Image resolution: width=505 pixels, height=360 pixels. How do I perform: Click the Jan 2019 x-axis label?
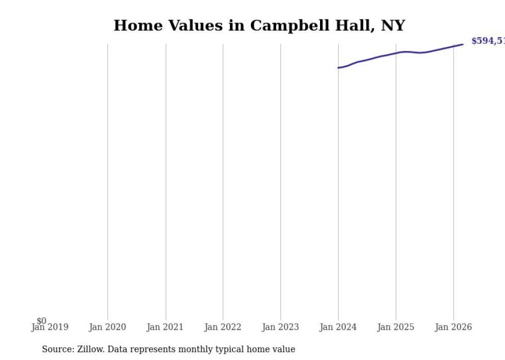49,327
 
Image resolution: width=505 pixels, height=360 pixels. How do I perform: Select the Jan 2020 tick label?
107,327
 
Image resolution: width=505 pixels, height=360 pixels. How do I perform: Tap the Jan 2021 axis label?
165,327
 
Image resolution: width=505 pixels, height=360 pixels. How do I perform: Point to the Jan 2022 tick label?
223,327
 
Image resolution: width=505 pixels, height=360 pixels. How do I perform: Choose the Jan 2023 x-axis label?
280,327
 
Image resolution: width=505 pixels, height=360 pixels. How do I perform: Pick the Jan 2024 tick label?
338,327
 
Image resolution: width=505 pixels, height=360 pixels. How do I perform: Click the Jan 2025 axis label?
396,327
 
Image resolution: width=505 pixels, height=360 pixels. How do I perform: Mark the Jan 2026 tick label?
453,327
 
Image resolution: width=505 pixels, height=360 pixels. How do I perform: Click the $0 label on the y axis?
41,321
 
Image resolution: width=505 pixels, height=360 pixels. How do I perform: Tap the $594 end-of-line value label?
487,41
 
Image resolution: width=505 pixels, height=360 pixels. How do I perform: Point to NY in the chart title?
393,26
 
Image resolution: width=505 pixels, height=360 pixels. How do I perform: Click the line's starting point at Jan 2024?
338,67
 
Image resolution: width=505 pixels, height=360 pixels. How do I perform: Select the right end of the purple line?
463,44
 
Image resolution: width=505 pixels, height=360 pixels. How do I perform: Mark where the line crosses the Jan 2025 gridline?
396,53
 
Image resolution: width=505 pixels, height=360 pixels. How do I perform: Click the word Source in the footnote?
57,349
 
